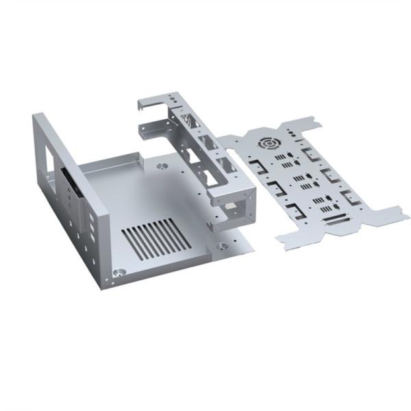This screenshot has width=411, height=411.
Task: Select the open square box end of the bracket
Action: point(236,205)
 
